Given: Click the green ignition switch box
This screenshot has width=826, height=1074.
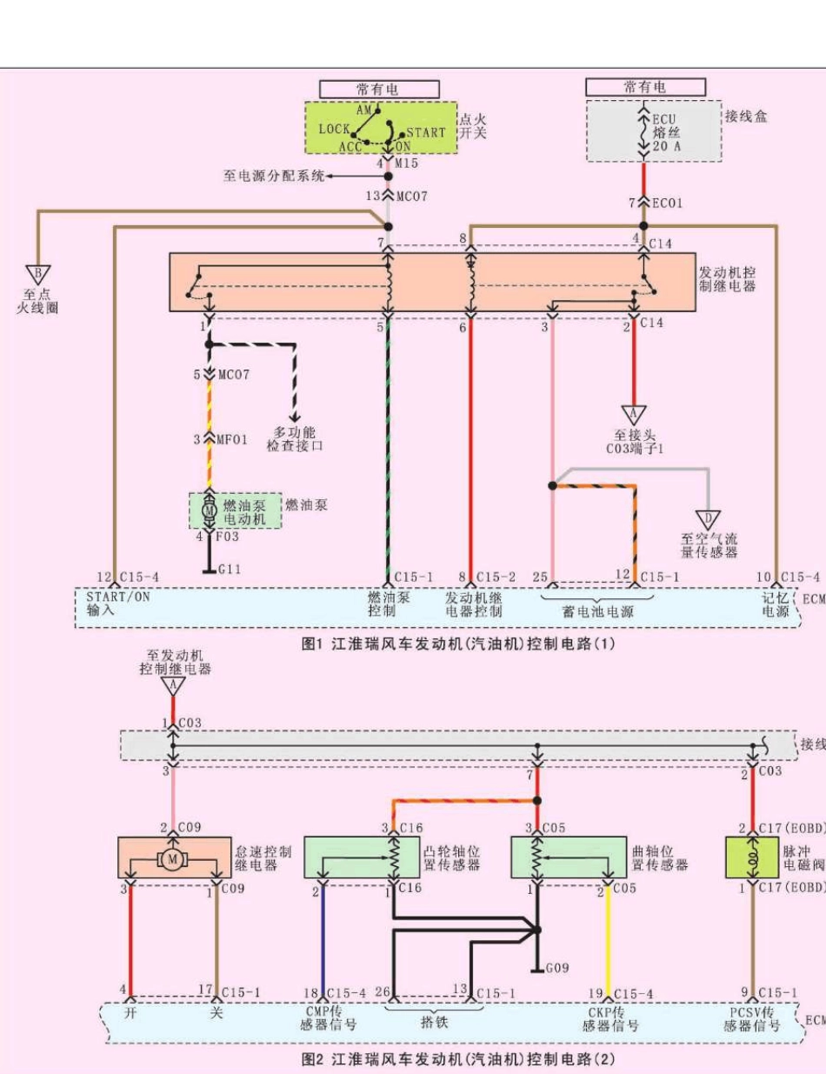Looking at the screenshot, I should coord(380,129).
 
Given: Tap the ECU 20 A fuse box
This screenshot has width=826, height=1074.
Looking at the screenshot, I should coord(653,131).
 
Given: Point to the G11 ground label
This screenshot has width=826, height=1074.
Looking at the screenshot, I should coord(230,570).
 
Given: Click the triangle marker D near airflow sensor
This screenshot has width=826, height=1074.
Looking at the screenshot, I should coord(708,520).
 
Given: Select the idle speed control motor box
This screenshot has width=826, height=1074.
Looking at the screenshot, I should coord(172,858).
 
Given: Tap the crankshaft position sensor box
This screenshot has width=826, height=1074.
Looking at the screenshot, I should coord(570,857).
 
